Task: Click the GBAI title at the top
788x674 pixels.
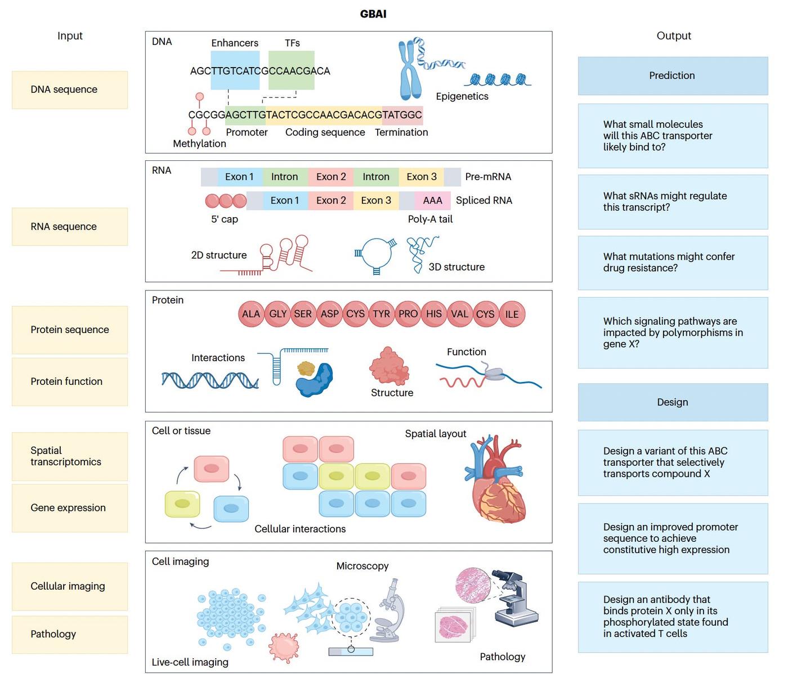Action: coord(373,14)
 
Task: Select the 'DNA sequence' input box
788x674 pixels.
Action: coord(70,90)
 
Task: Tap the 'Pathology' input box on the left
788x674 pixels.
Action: coord(70,635)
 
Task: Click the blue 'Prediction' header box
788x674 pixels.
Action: coord(673,76)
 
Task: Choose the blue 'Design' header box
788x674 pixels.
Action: coord(673,402)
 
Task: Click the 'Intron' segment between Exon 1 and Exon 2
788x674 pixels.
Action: coord(285,177)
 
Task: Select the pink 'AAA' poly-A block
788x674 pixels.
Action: coord(433,200)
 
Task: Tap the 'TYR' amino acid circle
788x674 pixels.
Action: coord(382,314)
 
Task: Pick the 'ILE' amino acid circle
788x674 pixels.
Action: coord(512,314)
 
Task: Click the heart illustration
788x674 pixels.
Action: coord(494,478)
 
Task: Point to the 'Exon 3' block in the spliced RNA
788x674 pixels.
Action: coord(377,200)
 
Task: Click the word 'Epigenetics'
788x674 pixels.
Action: coord(462,96)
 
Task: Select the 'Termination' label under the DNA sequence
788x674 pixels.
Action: coord(401,132)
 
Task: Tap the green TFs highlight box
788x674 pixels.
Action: coord(292,70)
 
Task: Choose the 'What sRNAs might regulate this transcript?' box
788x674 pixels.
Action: coord(673,202)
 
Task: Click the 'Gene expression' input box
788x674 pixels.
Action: coord(70,508)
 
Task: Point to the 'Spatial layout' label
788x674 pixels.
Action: coord(436,434)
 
